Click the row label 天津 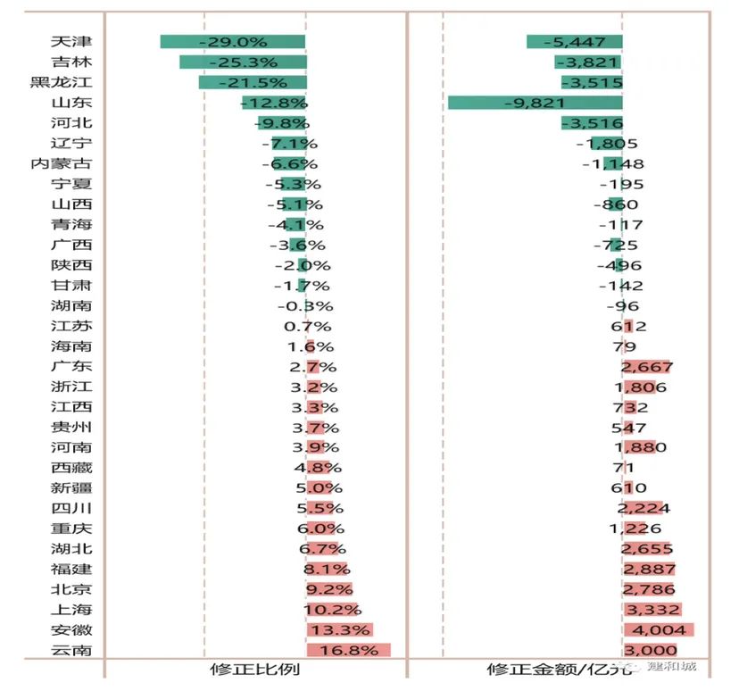[x=71, y=42]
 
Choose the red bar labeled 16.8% [x=348, y=651]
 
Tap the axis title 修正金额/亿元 [x=560, y=670]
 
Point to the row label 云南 [x=71, y=651]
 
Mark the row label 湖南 [x=71, y=306]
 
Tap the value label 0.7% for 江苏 [x=307, y=327]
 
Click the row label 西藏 [x=71, y=467]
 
